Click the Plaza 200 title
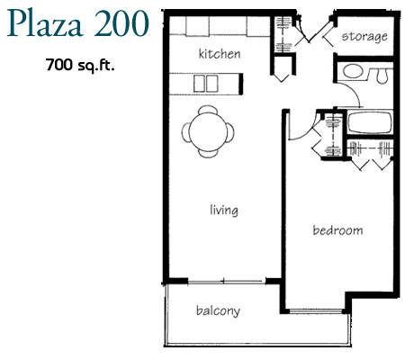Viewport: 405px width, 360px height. pos(78,23)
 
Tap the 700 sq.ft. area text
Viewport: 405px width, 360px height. pos(80,65)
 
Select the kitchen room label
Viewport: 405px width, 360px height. pos(220,54)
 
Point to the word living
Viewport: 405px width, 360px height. pos(224,210)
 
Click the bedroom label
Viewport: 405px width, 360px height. pos(337,230)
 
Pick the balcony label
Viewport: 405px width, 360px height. pos(218,310)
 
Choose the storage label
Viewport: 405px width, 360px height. pos(364,36)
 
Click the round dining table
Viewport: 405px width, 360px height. pos(208,131)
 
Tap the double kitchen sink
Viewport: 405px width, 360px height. pos(206,84)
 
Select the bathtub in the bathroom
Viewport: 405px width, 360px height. pos(370,122)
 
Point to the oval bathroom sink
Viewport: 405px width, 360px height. pos(353,71)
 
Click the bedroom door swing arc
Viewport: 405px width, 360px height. pos(307,133)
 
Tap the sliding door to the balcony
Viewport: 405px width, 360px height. pos(227,282)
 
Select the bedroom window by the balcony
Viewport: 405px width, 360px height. pos(316,311)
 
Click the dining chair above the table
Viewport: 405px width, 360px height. pos(208,110)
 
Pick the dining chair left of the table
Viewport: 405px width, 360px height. pos(185,132)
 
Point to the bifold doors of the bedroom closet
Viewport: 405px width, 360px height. pos(372,165)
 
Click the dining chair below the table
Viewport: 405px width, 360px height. pos(208,154)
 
